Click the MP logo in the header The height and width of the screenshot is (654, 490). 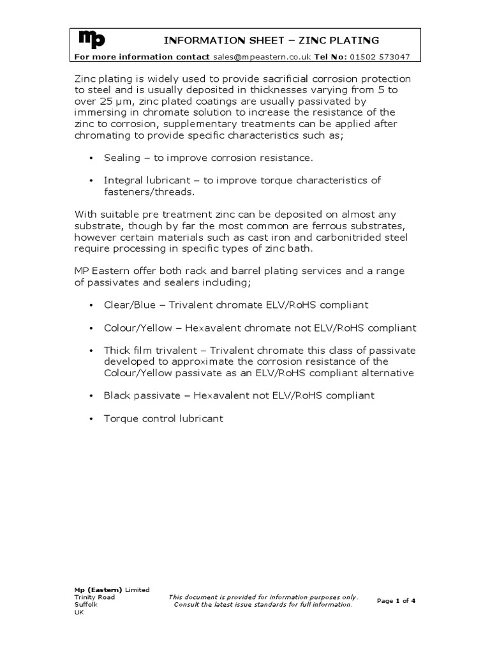click(x=92, y=40)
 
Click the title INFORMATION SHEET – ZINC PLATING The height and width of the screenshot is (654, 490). click(x=271, y=41)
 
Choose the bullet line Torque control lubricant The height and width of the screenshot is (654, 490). click(x=163, y=418)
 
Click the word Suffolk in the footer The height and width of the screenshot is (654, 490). click(x=86, y=604)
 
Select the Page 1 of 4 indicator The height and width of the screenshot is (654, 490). click(x=396, y=600)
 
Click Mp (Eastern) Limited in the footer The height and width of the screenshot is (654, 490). click(x=112, y=589)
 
